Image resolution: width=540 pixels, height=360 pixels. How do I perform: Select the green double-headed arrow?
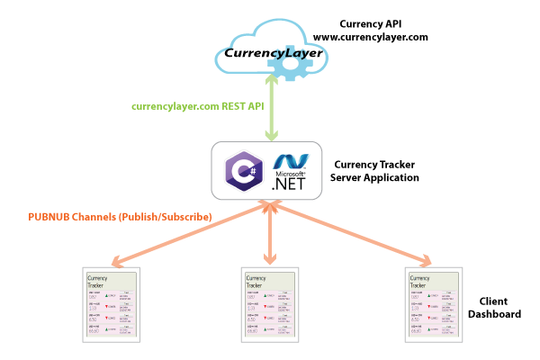270,108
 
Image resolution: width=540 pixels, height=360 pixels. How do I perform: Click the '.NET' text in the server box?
290,183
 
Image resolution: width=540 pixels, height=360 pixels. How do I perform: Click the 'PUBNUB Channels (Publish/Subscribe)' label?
120,217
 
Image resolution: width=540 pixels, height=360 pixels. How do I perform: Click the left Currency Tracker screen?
112,304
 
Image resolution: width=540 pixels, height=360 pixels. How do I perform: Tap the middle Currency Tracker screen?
269,304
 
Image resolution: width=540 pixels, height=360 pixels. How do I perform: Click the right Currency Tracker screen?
434,304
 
